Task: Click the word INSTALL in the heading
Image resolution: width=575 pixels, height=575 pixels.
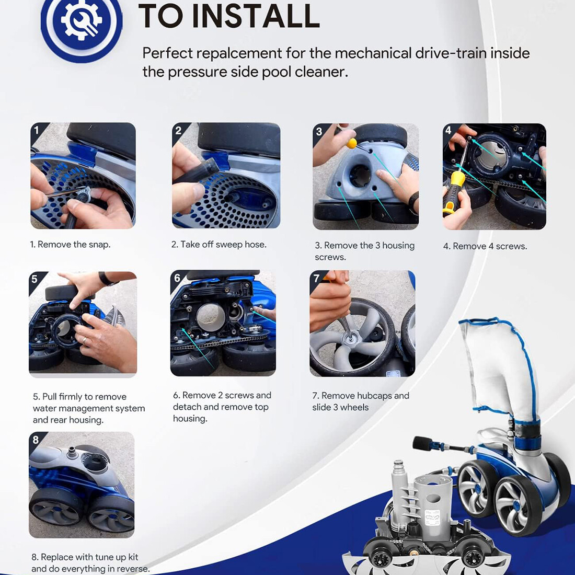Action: (x=256, y=16)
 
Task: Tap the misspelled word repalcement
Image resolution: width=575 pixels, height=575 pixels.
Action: (x=239, y=53)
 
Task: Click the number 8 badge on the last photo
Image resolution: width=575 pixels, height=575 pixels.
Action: (x=36, y=440)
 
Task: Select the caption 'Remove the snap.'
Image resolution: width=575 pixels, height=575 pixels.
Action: (x=74, y=245)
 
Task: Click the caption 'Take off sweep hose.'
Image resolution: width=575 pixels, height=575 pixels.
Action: (x=223, y=245)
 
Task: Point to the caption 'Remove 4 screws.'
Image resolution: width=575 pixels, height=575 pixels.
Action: (x=490, y=246)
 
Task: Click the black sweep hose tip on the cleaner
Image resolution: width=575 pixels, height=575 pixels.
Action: (x=422, y=443)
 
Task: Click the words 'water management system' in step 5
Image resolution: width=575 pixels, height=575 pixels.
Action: (x=89, y=408)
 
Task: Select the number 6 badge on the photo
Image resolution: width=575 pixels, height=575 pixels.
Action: (x=177, y=278)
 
